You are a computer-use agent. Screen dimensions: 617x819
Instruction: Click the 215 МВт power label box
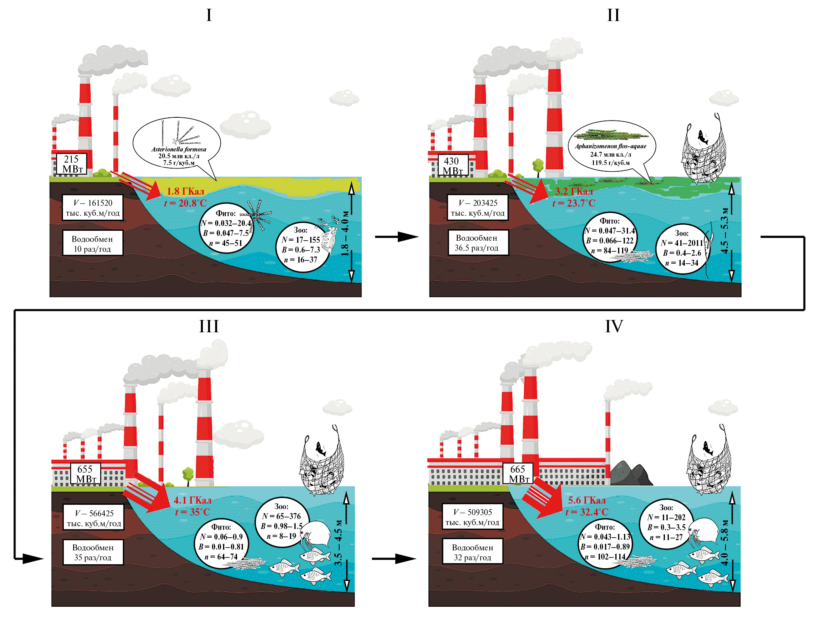click(72, 164)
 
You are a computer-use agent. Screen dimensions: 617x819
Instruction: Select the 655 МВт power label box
click(86, 474)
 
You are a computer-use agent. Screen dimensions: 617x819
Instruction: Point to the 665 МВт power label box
click(518, 474)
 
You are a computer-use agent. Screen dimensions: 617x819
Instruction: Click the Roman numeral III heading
click(209, 326)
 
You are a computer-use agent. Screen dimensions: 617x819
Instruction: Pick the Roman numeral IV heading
click(614, 326)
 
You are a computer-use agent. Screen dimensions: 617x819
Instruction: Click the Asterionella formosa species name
click(179, 149)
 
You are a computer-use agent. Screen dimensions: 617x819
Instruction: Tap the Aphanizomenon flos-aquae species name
click(610, 146)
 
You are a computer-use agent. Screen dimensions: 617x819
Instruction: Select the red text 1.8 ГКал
click(185, 192)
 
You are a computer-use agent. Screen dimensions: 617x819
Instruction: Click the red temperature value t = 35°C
click(193, 512)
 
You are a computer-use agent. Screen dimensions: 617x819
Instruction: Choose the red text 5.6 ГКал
click(587, 500)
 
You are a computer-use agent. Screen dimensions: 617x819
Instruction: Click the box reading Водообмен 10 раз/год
click(92, 243)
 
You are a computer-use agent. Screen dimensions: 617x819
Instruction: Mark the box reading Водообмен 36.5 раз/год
click(477, 243)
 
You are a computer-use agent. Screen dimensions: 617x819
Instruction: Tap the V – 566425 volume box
click(94, 518)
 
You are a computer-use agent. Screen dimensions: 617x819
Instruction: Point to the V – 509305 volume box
click(472, 517)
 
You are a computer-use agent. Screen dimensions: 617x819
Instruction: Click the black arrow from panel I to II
click(396, 237)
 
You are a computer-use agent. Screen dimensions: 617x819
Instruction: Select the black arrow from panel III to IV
click(393, 559)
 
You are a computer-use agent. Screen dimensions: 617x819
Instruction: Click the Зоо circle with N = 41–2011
click(682, 248)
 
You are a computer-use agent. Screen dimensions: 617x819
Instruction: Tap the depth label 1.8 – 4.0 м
click(345, 233)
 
